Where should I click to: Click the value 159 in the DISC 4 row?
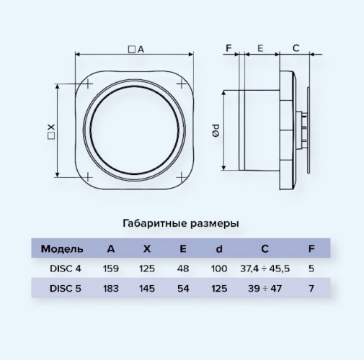coord(111,269)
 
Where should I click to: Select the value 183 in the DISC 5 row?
coord(111,288)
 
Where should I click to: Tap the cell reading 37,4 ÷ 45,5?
coord(265,269)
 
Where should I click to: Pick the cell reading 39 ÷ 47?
coord(265,288)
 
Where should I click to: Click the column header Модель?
coord(62,249)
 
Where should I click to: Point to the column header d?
coord(219,249)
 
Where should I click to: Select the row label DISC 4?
coord(66,269)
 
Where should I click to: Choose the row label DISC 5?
coord(66,288)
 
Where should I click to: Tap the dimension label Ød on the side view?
coord(216,130)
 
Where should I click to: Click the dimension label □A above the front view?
coord(136,50)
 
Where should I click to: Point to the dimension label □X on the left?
coord(51,132)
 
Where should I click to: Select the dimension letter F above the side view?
coord(228,48)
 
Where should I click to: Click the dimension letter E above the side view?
coord(260,48)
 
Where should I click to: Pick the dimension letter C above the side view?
coord(296,48)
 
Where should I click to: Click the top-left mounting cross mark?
coord(88,84)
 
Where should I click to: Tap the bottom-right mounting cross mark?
coord(181,178)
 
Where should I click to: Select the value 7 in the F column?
coord(311,288)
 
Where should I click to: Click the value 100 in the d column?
coord(219,269)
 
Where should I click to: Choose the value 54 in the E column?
coord(183,288)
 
